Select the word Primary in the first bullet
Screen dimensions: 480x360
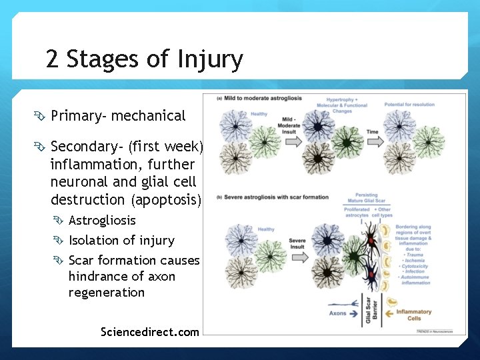pyautogui.click(x=76, y=116)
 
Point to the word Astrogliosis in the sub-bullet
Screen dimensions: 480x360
pyautogui.click(x=102, y=221)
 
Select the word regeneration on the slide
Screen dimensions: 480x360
pyautogui.click(x=106, y=293)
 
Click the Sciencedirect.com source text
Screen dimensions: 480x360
pyautogui.click(x=149, y=331)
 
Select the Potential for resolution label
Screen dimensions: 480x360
pyautogui.click(x=409, y=105)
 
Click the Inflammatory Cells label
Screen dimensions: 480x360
pyautogui.click(x=413, y=315)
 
